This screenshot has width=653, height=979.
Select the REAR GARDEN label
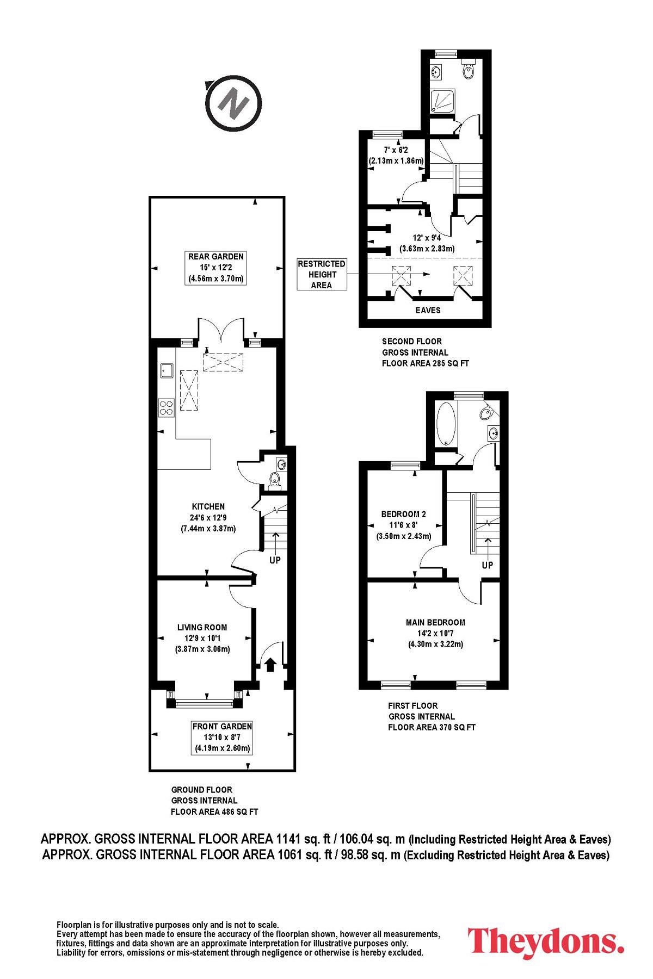(x=216, y=256)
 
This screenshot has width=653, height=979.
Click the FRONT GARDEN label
(x=222, y=726)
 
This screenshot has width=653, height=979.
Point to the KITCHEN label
(x=208, y=506)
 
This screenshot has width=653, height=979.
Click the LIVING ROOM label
(x=202, y=627)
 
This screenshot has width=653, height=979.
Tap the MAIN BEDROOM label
(x=435, y=622)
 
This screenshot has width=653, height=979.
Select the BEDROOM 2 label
(x=403, y=514)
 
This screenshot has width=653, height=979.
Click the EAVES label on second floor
(x=428, y=310)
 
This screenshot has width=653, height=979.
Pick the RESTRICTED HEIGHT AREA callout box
(x=322, y=275)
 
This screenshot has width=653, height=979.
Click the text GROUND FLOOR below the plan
(x=202, y=790)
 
